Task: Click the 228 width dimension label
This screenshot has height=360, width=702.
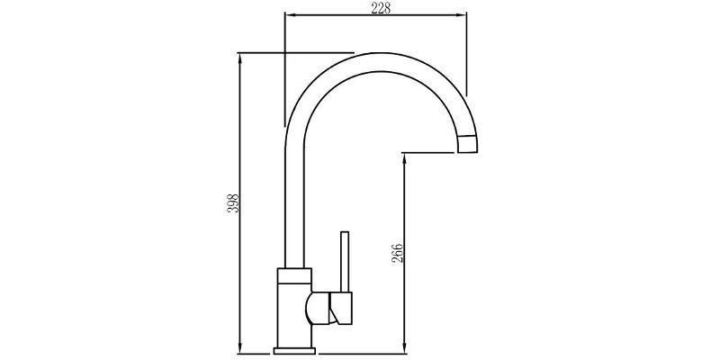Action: [381, 8]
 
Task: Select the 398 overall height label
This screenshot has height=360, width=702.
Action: [233, 203]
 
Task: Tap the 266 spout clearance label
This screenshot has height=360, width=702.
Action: [398, 253]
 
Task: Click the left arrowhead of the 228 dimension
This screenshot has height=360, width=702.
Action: [290, 14]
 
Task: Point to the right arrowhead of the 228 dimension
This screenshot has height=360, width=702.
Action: [462, 14]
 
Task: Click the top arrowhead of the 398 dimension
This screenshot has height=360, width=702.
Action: [240, 58]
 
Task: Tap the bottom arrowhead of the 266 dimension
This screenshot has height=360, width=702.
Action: [404, 348]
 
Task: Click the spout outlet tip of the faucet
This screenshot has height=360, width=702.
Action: [467, 144]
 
